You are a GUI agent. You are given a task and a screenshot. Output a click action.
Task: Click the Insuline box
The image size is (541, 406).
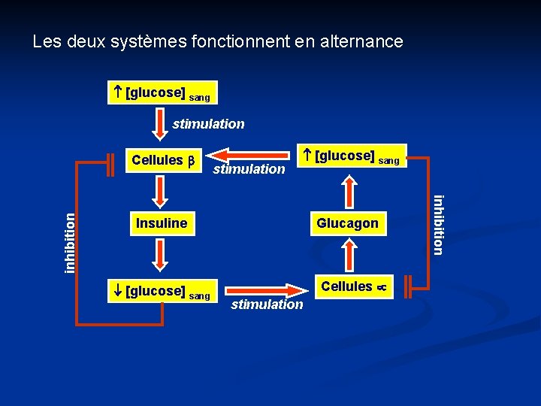coord(162,223)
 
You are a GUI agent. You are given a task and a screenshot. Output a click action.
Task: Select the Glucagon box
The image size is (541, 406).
coord(347,223)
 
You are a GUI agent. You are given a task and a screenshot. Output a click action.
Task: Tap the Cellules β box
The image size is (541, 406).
coord(162,160)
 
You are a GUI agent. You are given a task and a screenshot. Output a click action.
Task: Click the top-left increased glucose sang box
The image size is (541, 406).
coord(162,92)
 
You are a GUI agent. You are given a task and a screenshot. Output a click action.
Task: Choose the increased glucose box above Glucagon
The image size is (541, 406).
coord(352,156)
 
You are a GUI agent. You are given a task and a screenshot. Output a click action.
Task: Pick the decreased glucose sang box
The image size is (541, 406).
coord(162,289)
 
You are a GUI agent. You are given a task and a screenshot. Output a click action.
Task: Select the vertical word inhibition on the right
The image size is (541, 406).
coord(439,224)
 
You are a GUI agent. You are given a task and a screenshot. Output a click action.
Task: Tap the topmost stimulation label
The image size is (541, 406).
coord(208,124)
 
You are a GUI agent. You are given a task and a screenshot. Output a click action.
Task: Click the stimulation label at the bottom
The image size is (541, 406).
coord(267,304)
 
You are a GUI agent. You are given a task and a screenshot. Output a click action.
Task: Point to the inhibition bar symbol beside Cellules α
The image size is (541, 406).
coord(407,286)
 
